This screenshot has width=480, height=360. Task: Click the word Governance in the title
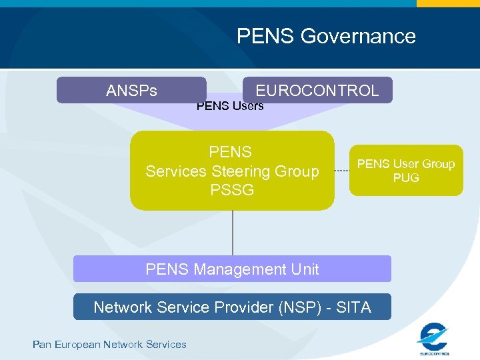coord(358,35)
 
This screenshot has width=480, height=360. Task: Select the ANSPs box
coord(131,90)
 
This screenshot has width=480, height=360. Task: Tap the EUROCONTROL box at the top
coord(317,90)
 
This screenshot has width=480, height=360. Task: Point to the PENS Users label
coord(230,105)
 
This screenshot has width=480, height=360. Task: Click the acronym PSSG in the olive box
coord(232,190)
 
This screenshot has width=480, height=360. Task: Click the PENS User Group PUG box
coord(406,171)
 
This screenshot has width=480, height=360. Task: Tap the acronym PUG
coord(406,178)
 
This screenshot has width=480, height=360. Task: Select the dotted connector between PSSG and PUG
coord(341,171)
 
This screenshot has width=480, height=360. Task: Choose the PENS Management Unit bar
coord(232,269)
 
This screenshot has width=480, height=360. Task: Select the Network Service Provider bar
coord(232,307)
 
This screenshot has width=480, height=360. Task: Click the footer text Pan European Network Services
coord(109,344)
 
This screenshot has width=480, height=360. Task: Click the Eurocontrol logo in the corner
coord(434,338)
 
